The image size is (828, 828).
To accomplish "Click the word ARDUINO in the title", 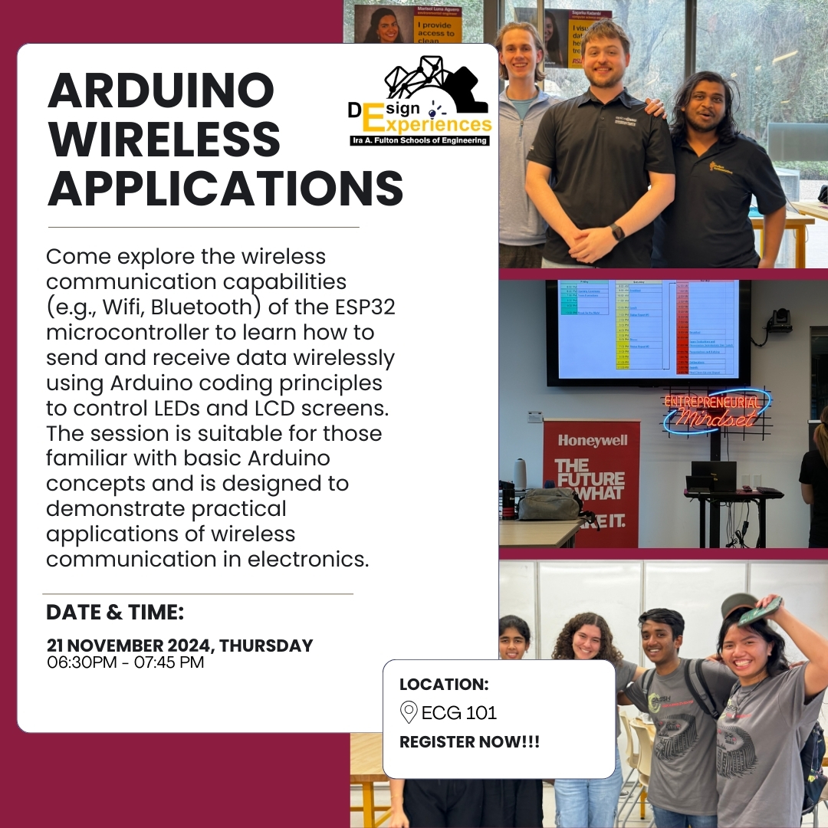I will (x=161, y=91).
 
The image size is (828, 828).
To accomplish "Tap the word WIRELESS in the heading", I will (x=164, y=139).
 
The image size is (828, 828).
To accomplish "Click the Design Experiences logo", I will (x=418, y=102).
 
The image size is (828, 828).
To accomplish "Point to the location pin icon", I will (x=409, y=712).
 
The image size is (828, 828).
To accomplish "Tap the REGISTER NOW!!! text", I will (x=469, y=742).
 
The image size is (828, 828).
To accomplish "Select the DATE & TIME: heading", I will (x=115, y=613).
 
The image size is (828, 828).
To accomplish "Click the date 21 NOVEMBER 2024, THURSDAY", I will (x=179, y=646).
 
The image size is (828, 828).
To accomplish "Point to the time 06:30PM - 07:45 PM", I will (x=126, y=662).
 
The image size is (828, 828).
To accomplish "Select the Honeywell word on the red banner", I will (x=592, y=441).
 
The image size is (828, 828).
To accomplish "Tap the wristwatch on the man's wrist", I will (x=617, y=232).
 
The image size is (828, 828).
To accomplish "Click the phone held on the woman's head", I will (x=759, y=610).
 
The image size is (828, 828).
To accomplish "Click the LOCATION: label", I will (x=444, y=685).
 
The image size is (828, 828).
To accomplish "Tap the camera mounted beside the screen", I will (x=780, y=320).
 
